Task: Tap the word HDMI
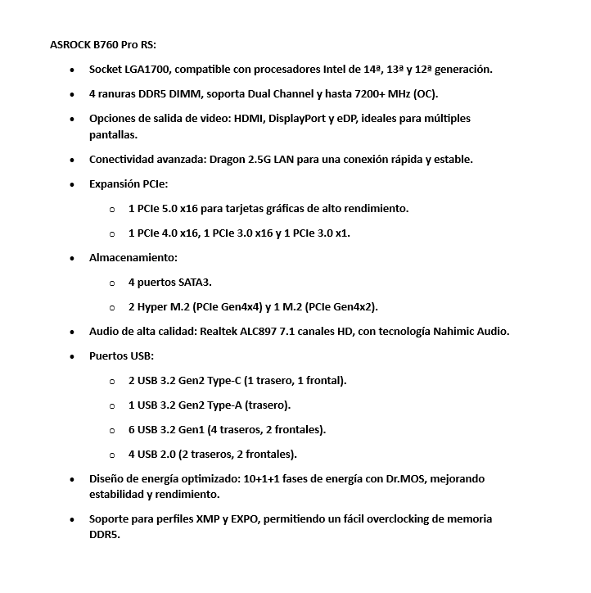[246, 119]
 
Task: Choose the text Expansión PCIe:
[128, 183]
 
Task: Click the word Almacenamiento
[133, 257]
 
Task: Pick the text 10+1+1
[268, 478]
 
